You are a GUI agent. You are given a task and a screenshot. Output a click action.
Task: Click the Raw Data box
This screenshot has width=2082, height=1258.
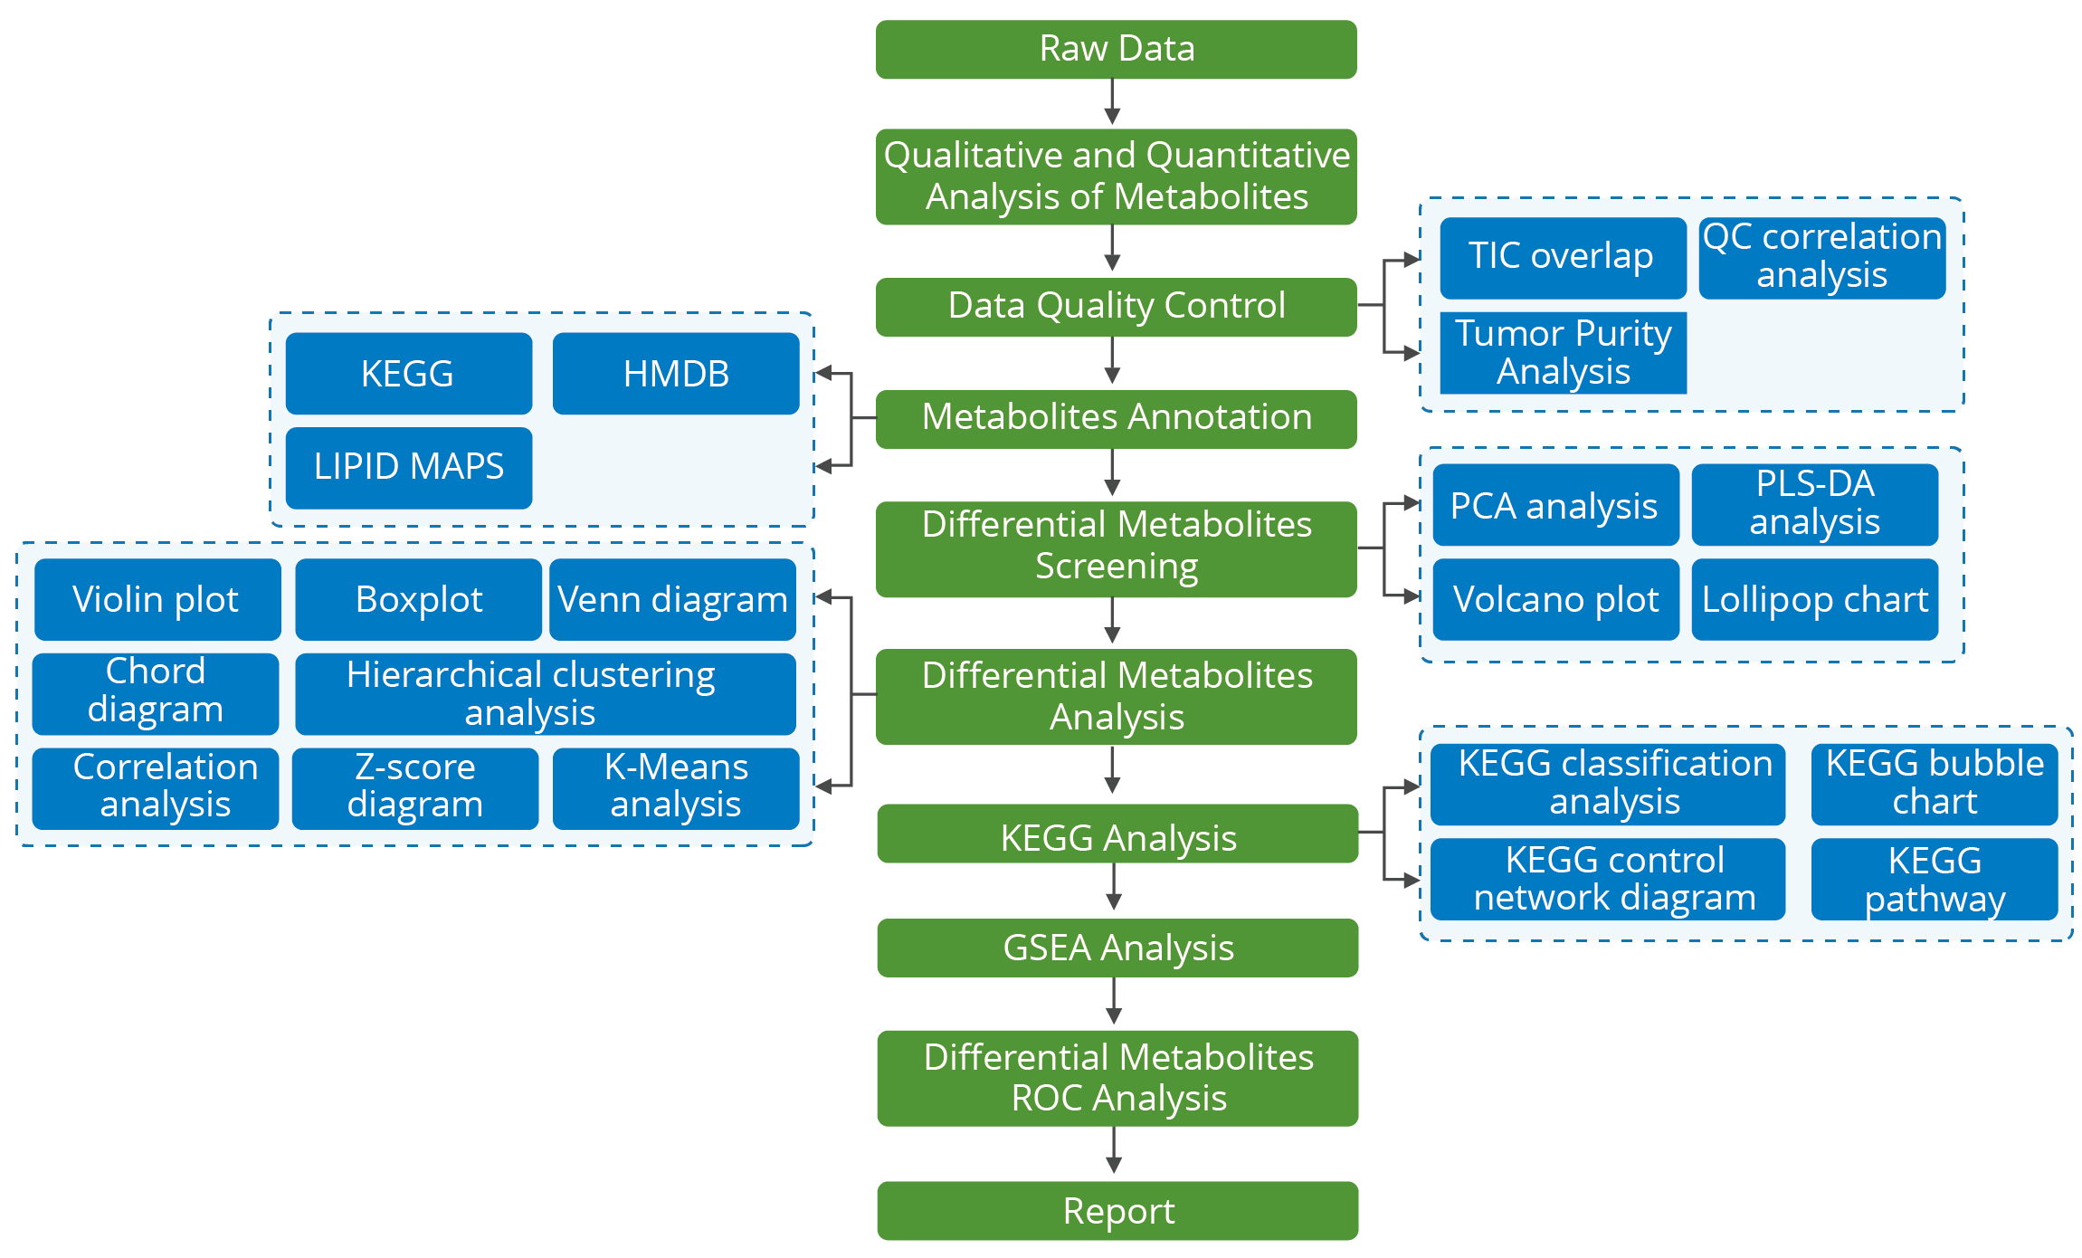click(1116, 49)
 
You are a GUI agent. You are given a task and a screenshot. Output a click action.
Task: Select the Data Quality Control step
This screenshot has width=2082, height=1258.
click(1116, 306)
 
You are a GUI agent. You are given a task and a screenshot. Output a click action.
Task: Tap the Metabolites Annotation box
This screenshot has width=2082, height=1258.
click(1116, 418)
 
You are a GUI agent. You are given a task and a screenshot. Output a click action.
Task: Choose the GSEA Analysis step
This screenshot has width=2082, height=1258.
click(1117, 948)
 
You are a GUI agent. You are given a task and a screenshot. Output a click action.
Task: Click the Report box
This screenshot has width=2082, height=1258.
click(1117, 1210)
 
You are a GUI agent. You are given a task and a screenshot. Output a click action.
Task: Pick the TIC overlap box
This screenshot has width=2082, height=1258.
click(1563, 257)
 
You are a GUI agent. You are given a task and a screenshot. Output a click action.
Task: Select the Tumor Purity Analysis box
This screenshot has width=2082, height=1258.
click(1563, 353)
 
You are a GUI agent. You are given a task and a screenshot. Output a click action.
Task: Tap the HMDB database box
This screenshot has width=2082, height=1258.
click(676, 374)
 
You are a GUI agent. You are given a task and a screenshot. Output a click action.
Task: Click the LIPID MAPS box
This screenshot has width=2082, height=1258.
click(409, 467)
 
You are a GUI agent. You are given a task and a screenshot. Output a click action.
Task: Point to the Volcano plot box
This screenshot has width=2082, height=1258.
click(1555, 599)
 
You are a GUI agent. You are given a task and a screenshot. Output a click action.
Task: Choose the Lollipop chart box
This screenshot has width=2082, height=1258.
click(1814, 599)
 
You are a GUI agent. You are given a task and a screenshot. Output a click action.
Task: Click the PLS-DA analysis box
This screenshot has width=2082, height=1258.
click(1814, 504)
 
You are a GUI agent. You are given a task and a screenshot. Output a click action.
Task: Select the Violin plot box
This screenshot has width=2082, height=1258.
click(157, 599)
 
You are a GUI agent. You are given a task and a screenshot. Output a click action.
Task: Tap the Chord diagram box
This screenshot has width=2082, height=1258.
click(156, 693)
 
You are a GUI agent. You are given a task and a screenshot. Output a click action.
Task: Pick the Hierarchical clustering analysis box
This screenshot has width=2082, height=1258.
click(545, 693)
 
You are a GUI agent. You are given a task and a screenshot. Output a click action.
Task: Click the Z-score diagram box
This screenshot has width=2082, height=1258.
click(415, 787)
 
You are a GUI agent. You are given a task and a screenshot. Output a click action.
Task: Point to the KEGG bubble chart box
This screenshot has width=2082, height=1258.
click(1934, 784)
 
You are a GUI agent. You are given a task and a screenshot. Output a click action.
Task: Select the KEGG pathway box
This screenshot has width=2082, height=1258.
click(1934, 879)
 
